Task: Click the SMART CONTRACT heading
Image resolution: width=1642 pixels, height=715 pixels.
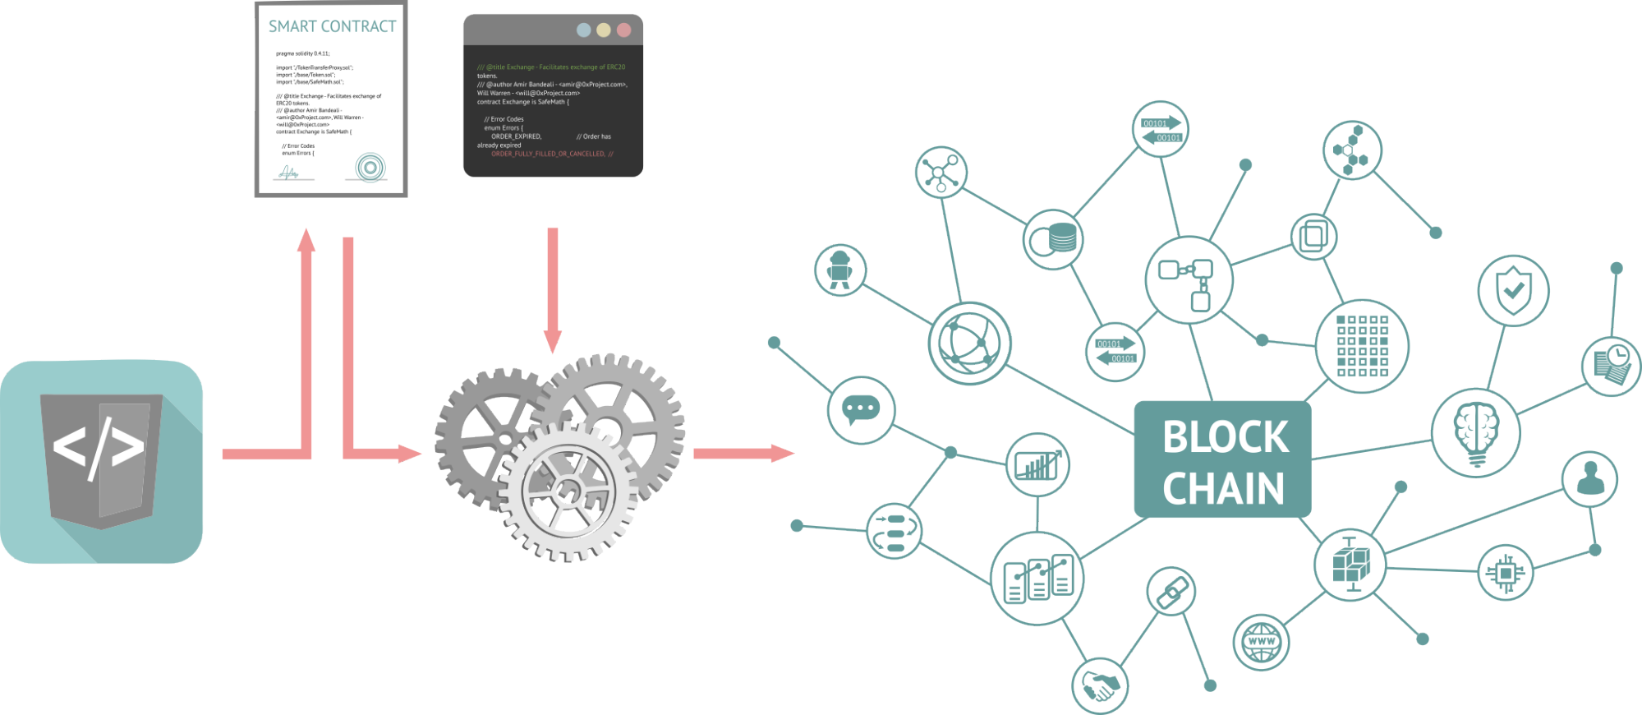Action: point(332,26)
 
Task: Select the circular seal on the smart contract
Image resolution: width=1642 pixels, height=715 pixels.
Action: point(370,168)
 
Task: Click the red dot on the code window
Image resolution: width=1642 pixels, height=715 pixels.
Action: point(623,30)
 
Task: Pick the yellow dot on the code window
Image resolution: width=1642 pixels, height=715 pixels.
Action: point(604,30)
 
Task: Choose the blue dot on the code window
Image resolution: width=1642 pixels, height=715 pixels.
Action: point(583,30)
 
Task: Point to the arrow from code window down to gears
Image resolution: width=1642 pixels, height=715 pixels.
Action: point(553,288)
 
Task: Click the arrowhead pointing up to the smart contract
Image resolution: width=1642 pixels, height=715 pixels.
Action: point(306,241)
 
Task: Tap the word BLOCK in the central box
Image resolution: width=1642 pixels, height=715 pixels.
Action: point(1225,437)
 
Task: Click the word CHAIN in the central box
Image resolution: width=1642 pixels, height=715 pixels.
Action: point(1223,489)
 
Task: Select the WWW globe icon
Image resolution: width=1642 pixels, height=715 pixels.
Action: point(1261,642)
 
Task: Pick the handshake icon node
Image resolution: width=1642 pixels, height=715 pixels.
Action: point(1100,685)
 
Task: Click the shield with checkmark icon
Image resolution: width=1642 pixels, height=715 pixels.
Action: point(1513,290)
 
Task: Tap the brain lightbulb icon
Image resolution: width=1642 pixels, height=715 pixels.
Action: point(1475,432)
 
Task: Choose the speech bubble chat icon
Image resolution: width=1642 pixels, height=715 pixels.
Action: point(861,408)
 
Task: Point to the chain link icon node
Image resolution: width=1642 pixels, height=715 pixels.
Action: point(1171,591)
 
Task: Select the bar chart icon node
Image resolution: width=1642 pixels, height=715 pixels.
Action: point(1037,464)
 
